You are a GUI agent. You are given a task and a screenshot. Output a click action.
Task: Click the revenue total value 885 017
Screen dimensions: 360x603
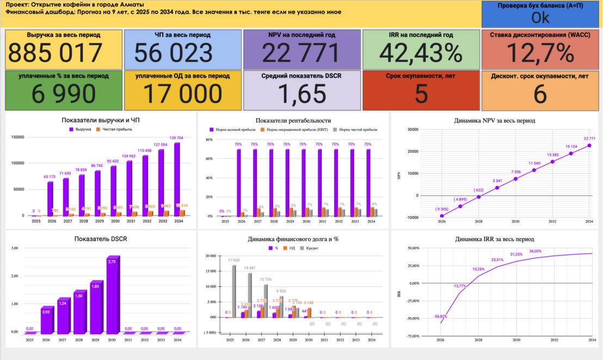(55, 53)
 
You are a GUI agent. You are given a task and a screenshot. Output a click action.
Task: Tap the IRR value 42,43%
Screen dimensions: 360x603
(421, 53)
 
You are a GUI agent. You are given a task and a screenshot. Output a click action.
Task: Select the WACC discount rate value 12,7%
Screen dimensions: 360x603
(540, 53)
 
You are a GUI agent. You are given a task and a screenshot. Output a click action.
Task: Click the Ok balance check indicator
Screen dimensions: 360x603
(540, 18)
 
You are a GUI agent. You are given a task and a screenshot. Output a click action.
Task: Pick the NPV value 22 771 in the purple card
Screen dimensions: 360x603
(301, 53)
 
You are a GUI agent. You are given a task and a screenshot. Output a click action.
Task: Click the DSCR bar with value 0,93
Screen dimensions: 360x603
(46, 321)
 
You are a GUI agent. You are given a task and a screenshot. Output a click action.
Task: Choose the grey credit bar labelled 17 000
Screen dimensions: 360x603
(234, 291)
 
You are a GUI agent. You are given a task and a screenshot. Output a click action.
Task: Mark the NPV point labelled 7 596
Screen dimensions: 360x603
(515, 178)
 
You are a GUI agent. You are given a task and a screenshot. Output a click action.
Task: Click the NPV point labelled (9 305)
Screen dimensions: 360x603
(441, 216)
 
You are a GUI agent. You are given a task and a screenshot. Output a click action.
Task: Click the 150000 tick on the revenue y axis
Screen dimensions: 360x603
(18, 137)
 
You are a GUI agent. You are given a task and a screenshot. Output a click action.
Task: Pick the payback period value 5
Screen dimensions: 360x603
(421, 94)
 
